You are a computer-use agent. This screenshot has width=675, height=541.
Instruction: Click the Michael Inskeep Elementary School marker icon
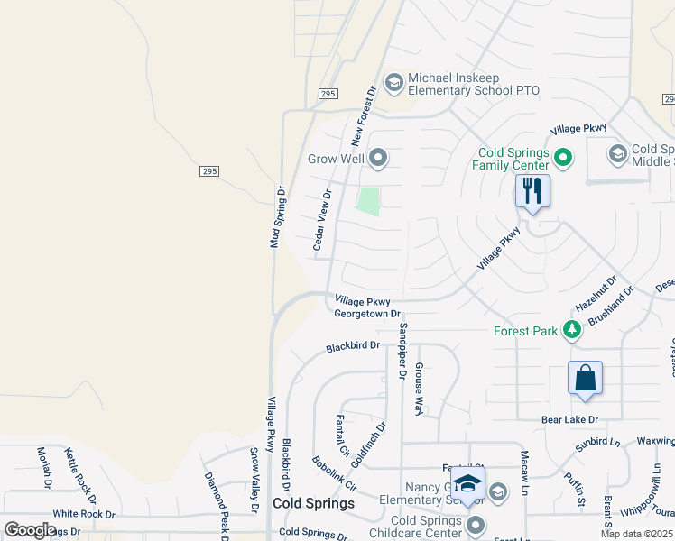click(393, 83)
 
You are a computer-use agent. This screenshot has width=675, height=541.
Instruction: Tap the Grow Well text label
click(336, 160)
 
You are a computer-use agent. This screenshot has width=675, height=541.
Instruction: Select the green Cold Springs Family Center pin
click(564, 159)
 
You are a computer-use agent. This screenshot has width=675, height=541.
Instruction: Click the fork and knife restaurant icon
click(532, 191)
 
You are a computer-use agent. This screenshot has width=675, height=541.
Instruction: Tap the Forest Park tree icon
click(571, 331)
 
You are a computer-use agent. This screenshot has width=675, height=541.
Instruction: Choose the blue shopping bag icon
click(585, 379)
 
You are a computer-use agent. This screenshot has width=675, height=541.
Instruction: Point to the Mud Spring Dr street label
click(278, 217)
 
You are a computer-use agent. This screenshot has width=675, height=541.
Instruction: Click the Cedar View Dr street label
click(321, 220)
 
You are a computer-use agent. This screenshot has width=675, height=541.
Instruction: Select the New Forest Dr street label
click(363, 116)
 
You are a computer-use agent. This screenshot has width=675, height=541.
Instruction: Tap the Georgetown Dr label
click(366, 314)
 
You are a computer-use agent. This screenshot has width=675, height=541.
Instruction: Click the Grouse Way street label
click(419, 390)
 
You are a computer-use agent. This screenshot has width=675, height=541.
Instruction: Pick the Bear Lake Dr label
click(569, 420)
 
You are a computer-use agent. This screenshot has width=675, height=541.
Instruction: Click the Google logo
click(31, 530)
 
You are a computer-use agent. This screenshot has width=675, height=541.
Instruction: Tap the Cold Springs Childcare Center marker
click(476, 525)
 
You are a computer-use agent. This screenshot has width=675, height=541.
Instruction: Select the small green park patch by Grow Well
click(367, 200)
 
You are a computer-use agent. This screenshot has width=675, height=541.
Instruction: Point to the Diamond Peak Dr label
click(217, 502)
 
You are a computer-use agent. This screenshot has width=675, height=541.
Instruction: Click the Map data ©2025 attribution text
click(636, 534)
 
